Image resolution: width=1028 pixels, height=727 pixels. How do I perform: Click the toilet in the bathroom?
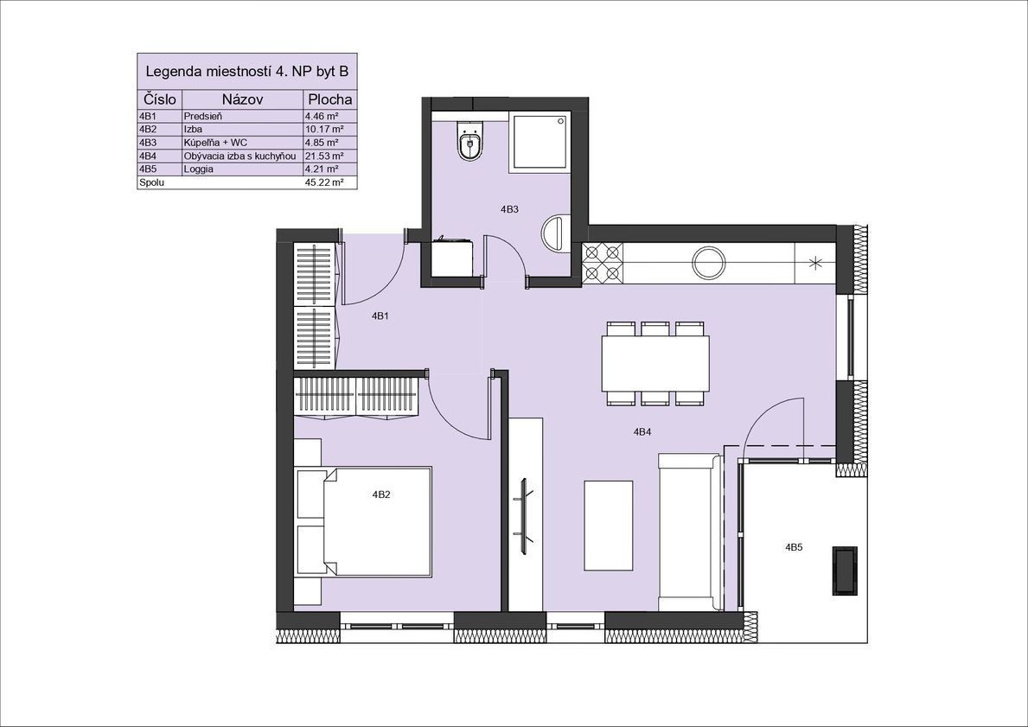pos(469,141)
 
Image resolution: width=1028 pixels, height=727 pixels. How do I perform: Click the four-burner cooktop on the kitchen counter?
pos(602,262)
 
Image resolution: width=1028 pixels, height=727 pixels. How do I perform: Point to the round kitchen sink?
pos(709,262)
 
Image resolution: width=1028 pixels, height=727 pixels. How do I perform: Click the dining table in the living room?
pos(655,364)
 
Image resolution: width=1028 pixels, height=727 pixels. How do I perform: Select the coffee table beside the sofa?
pos(609,526)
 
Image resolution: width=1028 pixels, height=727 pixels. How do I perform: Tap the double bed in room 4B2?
pos(364,521)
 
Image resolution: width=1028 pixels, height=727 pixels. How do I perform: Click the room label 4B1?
pos(380,316)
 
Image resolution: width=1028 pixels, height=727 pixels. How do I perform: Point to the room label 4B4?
pos(642,432)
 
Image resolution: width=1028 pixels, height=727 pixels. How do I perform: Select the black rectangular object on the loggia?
pos(845,571)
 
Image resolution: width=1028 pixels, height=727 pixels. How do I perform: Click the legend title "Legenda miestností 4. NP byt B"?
pos(246,71)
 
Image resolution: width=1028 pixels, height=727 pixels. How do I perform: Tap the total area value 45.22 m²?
pos(324,183)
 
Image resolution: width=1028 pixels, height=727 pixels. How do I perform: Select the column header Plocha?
pos(330,99)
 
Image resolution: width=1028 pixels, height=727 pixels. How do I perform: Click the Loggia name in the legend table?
pos(199,169)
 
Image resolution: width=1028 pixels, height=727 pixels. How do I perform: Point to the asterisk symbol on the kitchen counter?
pos(815,264)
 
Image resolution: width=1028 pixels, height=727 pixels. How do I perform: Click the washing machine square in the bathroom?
pos(451,258)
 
